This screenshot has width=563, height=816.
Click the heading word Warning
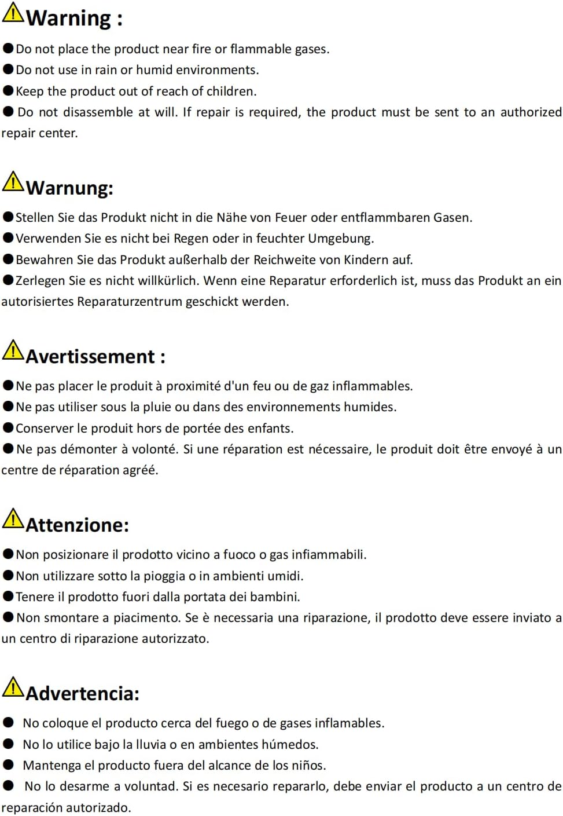68,18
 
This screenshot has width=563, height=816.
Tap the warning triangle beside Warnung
13,182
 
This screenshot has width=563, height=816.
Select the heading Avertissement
90,356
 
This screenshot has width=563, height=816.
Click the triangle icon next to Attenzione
13,519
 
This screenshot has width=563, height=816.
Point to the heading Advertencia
82,693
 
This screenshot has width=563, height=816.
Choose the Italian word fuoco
239,555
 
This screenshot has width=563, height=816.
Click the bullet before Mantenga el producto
8,765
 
